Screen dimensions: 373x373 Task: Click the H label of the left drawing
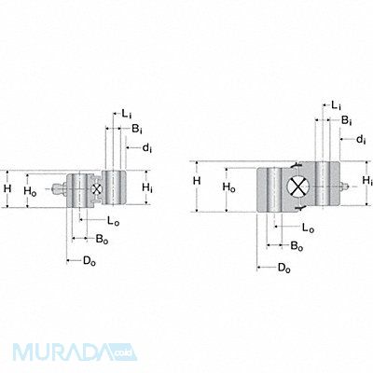pos(7,188)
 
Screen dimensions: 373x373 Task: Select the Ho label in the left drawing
pos(30,191)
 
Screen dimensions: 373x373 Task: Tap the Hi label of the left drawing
pos(147,187)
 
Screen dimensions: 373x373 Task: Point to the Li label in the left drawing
pos(126,114)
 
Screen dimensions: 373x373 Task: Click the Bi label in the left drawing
pos(137,129)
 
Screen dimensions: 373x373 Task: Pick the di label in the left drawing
pos(147,148)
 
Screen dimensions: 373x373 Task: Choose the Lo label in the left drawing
pos(113,221)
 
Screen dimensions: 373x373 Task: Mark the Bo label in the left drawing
pos(102,240)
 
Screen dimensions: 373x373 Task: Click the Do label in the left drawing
pos(90,261)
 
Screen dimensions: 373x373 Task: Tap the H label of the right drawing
pos(197,181)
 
